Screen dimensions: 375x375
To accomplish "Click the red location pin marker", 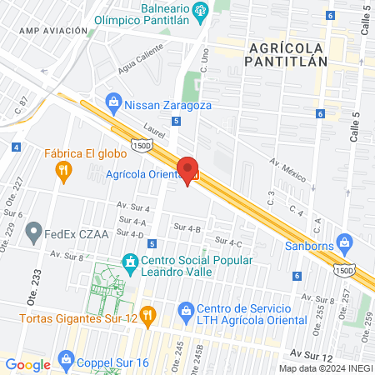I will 187,168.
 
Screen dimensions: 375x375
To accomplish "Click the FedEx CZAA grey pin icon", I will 34,229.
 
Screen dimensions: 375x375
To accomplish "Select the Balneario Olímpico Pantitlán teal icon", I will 200,10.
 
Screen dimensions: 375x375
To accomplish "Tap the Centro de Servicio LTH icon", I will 185,314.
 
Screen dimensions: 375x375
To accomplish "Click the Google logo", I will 27,364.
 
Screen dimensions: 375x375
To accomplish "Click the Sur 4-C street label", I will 227,242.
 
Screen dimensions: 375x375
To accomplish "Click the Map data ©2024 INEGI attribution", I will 326,368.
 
